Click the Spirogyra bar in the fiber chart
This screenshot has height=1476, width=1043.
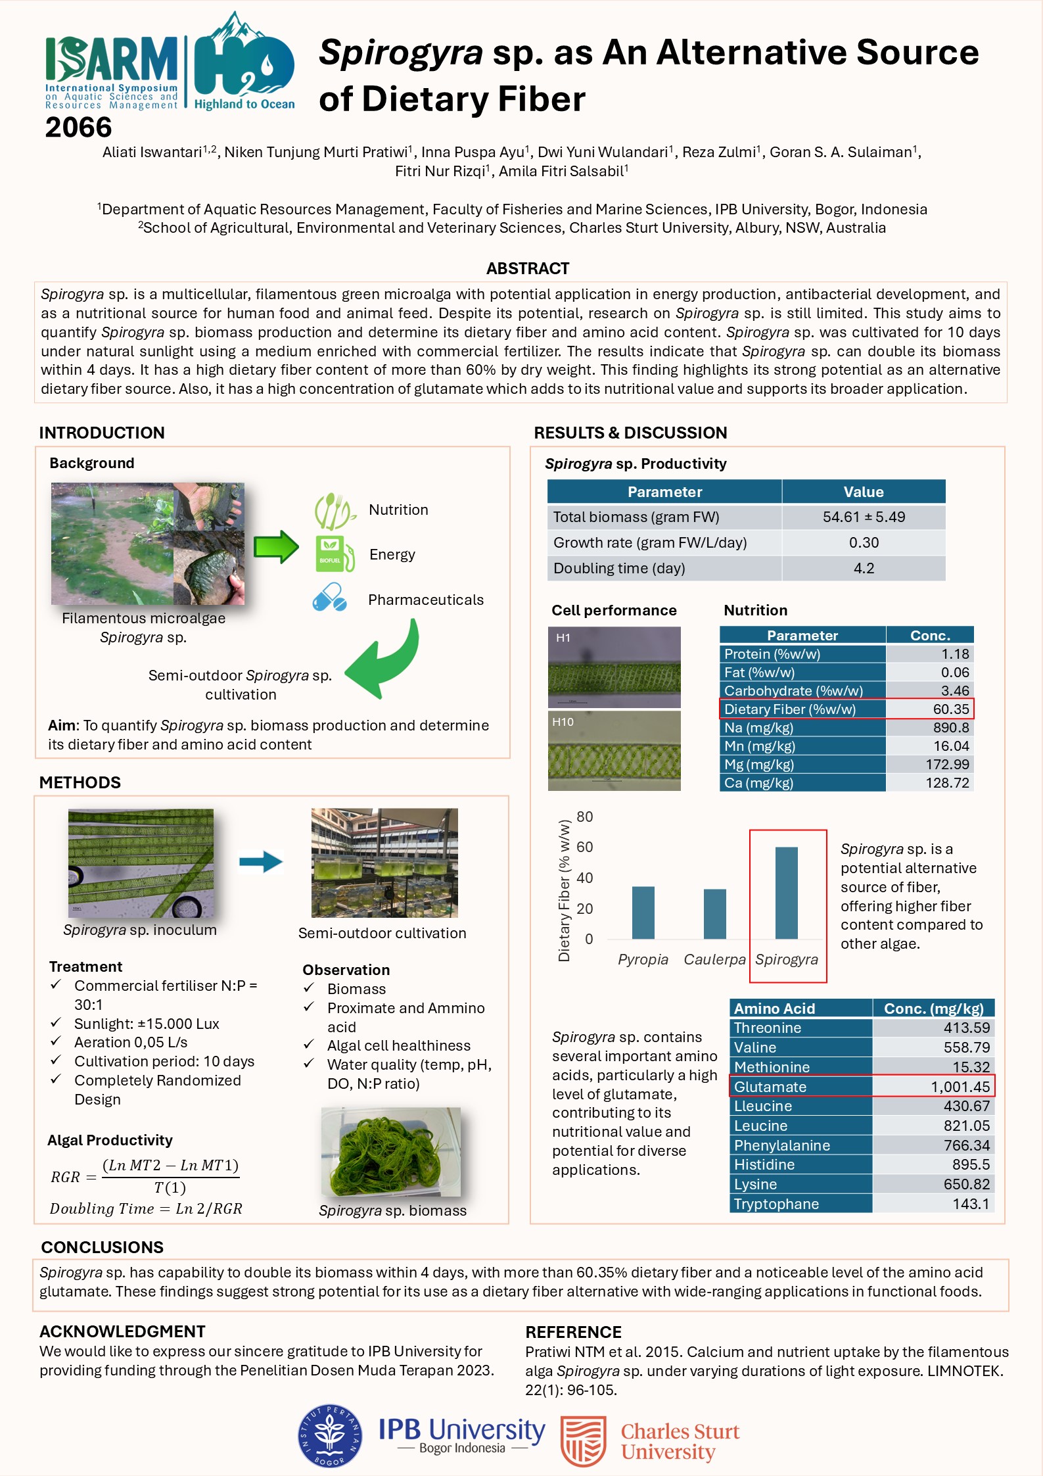click(786, 892)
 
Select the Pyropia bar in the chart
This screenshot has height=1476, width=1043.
click(643, 913)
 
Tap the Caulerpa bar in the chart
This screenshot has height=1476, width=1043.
click(714, 914)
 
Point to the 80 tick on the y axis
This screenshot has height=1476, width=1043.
click(584, 817)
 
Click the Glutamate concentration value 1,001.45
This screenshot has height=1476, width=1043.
click(960, 1087)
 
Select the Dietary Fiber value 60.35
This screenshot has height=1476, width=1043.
click(950, 709)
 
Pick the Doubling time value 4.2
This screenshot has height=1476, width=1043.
click(863, 568)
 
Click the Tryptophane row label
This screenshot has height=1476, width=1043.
click(776, 1204)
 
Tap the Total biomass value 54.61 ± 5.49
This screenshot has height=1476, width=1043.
click(863, 517)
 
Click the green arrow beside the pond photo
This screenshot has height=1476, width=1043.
click(276, 546)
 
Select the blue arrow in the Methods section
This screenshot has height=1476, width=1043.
click(261, 861)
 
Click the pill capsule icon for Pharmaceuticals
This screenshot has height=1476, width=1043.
click(329, 598)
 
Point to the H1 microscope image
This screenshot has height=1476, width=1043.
click(614, 667)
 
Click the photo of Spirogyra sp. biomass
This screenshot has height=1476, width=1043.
click(390, 1151)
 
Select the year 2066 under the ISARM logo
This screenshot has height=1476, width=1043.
click(78, 127)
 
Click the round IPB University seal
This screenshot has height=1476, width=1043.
click(329, 1437)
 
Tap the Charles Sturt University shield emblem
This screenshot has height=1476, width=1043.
click(583, 1441)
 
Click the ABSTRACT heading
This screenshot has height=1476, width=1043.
click(527, 268)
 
